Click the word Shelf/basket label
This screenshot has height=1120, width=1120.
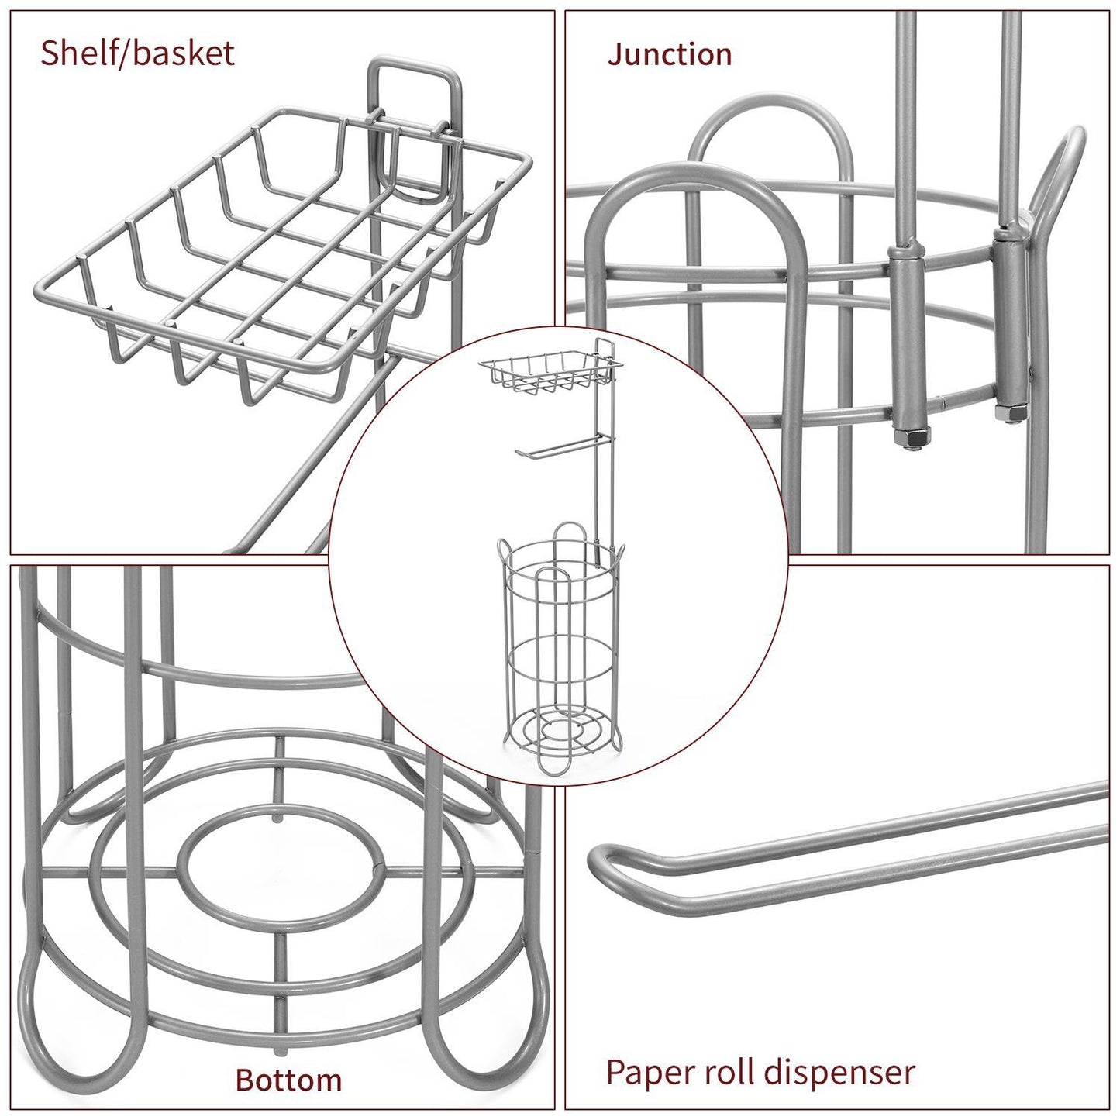pyautogui.click(x=137, y=53)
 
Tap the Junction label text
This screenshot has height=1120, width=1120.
pyautogui.click(x=670, y=54)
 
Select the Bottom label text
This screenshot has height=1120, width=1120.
pyautogui.click(x=288, y=1079)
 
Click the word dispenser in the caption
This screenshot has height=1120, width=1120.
pyautogui.click(x=839, y=1072)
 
